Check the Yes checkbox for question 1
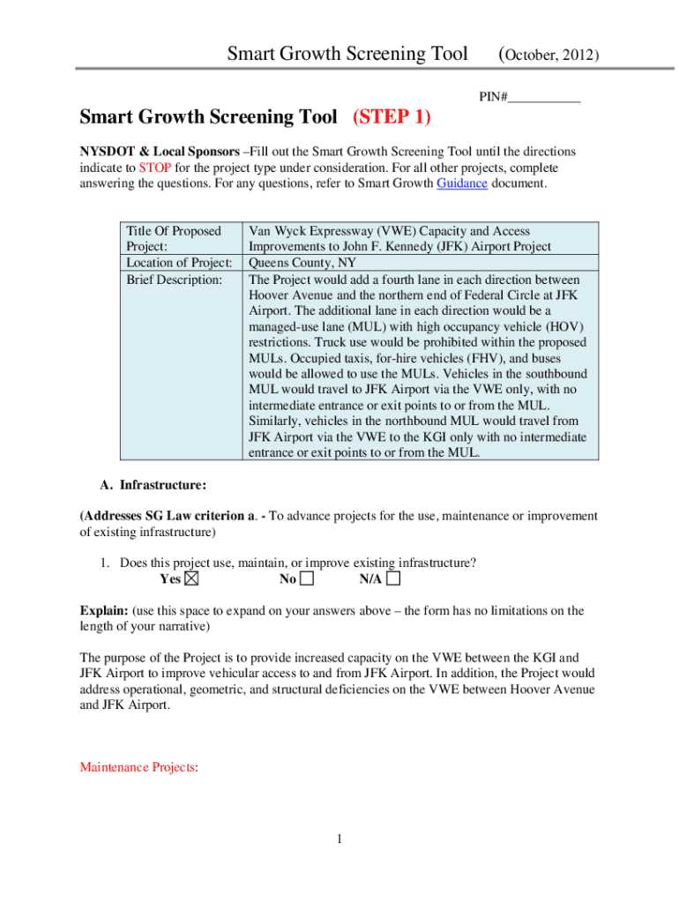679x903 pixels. tap(192, 579)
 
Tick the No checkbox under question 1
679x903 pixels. tap(307, 579)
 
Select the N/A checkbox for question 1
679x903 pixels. tap(393, 579)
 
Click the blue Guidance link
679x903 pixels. tap(462, 183)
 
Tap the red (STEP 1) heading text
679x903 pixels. tap(398, 117)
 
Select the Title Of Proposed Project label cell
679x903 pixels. tap(173, 239)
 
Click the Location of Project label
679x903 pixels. tap(179, 263)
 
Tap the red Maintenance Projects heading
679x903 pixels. tap(137, 767)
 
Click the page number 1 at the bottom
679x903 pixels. tap(339, 839)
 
